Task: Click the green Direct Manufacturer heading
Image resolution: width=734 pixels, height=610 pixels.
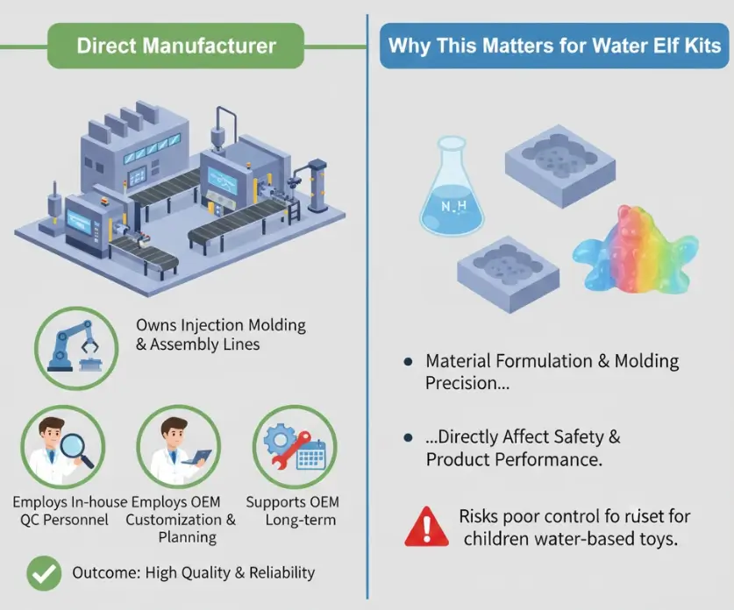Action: (x=175, y=46)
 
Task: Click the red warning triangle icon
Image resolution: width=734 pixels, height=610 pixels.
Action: (x=425, y=527)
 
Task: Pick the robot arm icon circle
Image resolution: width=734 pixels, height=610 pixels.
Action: (x=76, y=341)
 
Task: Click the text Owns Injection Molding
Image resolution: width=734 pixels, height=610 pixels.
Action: (x=221, y=324)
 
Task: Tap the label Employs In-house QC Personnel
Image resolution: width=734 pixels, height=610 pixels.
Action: (x=69, y=511)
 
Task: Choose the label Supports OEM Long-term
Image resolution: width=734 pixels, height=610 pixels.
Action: (x=292, y=511)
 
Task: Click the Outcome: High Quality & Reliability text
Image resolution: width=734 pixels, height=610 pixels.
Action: (x=193, y=573)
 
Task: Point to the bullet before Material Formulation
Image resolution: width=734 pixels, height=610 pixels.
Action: (x=408, y=361)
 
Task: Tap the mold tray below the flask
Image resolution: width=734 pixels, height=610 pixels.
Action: (x=509, y=272)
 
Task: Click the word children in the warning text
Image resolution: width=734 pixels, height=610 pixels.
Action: (x=498, y=536)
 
